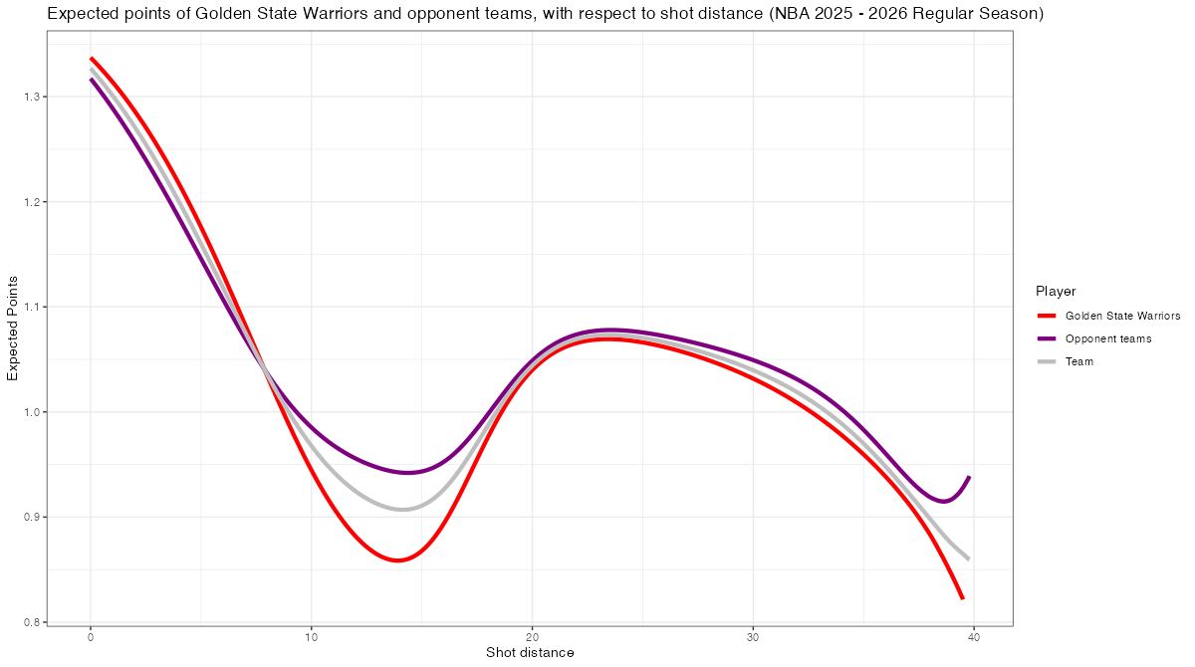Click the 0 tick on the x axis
(91, 637)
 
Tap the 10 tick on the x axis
(312, 637)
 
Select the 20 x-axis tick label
(532, 637)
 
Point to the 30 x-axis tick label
(753, 637)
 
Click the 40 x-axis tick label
(974, 637)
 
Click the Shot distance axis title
(530, 653)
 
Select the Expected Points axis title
(13, 328)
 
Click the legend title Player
(1055, 291)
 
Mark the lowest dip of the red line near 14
(397, 560)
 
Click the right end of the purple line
(969, 477)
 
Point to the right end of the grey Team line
(968, 558)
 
